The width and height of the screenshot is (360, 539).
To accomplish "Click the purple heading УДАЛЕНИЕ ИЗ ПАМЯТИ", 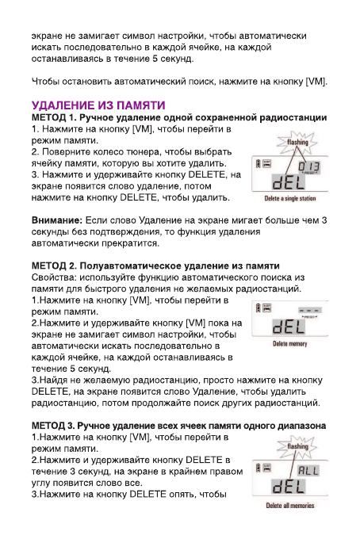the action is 98,105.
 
